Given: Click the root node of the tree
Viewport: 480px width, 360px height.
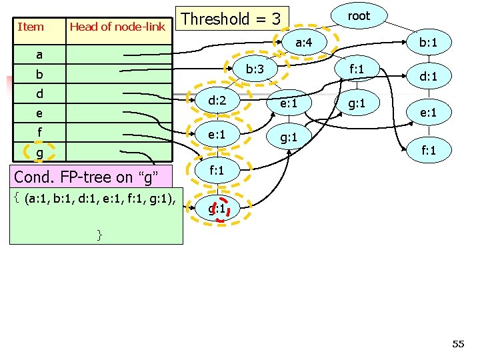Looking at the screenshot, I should (359, 16).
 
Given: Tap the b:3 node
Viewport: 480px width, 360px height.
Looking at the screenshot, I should (255, 69).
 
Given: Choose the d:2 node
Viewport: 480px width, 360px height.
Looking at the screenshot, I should (216, 101).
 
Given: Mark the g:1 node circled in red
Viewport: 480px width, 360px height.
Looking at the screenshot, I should (216, 209).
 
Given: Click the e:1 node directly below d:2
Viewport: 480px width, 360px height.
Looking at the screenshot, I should (216, 135).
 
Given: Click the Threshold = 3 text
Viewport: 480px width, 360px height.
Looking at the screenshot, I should (231, 19).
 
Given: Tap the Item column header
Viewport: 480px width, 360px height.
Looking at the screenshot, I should (31, 27).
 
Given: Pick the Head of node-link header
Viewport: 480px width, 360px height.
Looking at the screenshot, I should (117, 27).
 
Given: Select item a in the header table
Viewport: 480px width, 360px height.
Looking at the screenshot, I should (39, 55).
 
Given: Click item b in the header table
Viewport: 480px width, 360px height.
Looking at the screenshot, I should (39, 74).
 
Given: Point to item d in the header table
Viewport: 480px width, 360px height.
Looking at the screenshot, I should (39, 94).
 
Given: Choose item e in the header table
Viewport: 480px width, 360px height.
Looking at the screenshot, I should (39, 114).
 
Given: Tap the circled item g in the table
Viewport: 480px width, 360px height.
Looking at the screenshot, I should (39, 153).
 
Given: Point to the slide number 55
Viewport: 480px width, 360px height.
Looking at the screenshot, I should (458, 344).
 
